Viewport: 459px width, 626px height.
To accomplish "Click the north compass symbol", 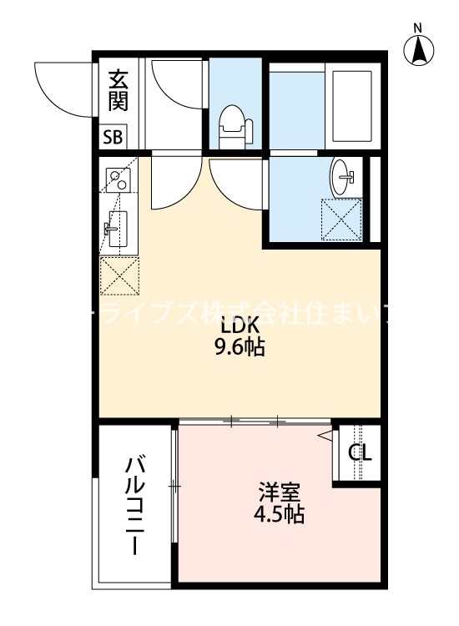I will (x=420, y=51).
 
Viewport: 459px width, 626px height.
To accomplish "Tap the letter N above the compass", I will (x=420, y=28).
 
